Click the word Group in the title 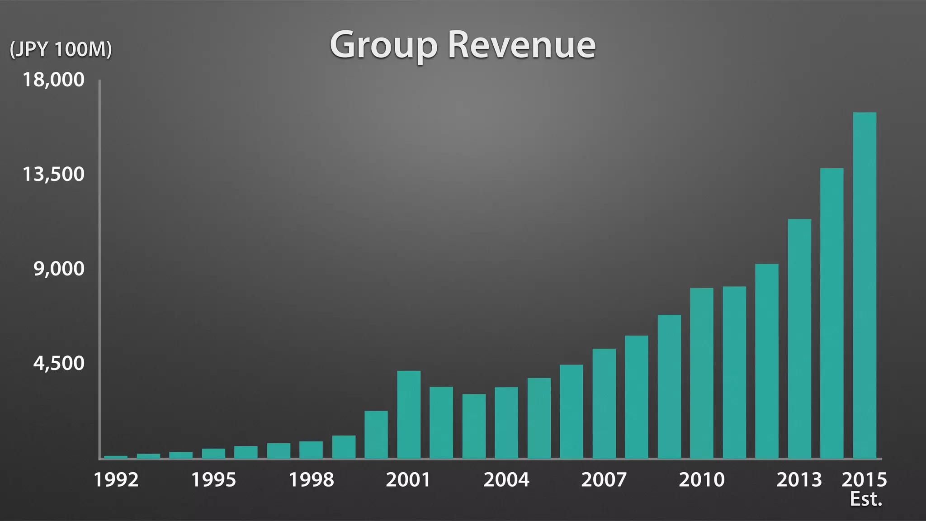[383, 45]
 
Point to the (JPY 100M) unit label [61, 49]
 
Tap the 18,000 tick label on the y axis [53, 80]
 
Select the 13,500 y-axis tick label [53, 174]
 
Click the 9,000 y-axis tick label [59, 269]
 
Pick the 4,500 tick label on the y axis [59, 363]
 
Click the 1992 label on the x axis [116, 480]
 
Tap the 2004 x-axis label [506, 480]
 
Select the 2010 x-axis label [702, 480]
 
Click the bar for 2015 [865, 285]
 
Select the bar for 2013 [799, 339]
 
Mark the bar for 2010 [702, 373]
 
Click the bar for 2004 [506, 423]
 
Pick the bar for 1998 [311, 450]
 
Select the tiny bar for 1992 [116, 457]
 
